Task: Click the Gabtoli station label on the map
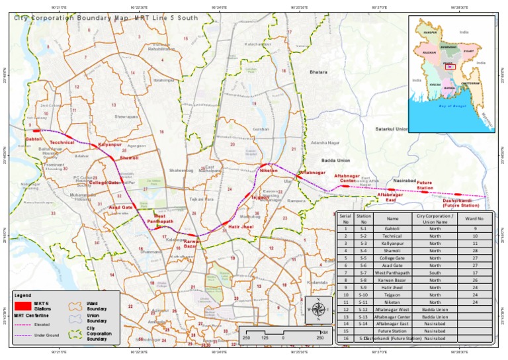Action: click(34, 140)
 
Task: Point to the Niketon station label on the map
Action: click(269, 171)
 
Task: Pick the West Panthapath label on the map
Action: click(163, 219)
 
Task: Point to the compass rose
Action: click(318, 308)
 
